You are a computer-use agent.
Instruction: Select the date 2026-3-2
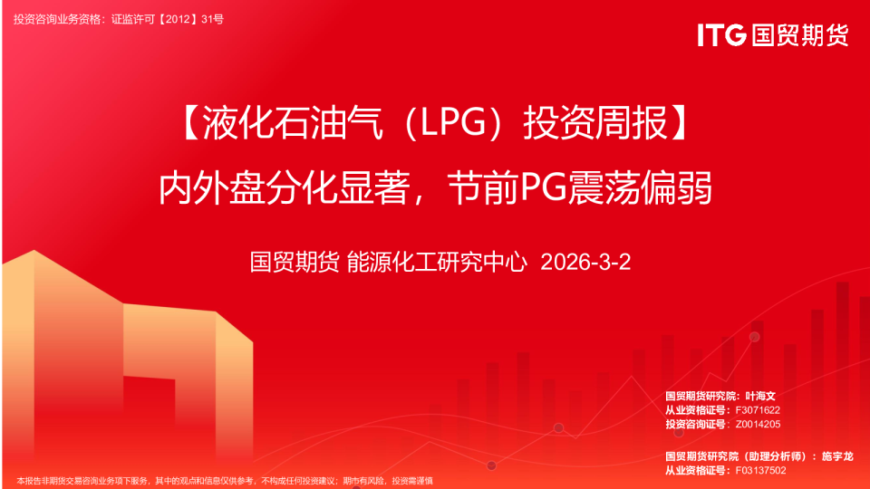585,264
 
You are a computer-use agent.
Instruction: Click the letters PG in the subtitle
546,188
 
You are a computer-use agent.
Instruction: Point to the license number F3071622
759,410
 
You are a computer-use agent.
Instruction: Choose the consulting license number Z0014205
759,424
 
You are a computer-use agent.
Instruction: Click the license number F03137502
761,471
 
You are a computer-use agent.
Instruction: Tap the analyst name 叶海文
760,397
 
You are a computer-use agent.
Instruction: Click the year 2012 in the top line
181,18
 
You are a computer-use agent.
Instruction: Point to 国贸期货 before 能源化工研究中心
295,264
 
